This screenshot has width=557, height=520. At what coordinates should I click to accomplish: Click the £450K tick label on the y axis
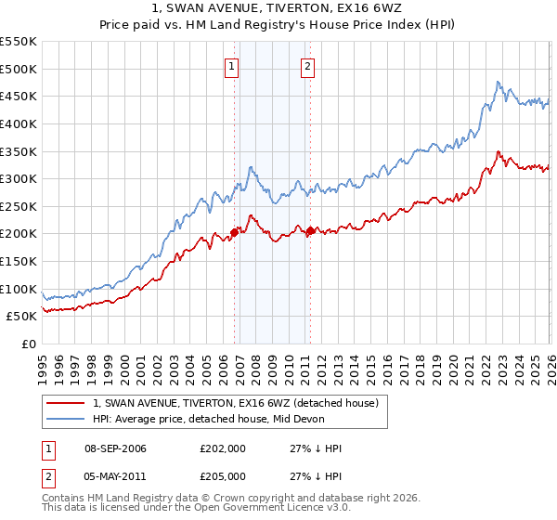19,96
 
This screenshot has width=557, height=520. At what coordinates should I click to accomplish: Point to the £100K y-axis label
19,289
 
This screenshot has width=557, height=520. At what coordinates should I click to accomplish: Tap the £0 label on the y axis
28,344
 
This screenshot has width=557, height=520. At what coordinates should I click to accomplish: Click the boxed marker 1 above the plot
231,66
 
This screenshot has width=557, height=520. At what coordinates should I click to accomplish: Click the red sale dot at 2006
234,232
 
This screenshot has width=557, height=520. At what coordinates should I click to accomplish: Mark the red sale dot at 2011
310,230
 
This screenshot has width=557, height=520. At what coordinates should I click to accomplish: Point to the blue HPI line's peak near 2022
499,82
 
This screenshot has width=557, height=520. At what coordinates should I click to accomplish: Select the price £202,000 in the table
222,448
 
